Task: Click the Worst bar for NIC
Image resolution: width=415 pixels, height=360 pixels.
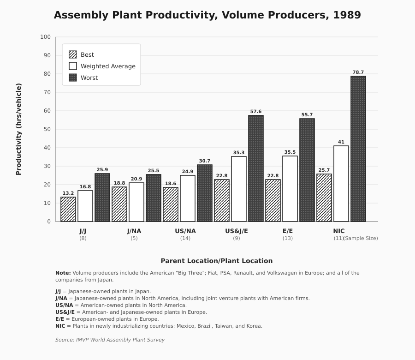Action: pyautogui.click(x=358, y=149)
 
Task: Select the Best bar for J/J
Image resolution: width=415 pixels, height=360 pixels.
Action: pyautogui.click(x=68, y=209)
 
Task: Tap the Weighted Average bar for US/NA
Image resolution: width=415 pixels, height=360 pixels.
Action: pyautogui.click(x=188, y=198)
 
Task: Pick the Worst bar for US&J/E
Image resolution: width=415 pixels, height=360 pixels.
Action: pyautogui.click(x=256, y=168)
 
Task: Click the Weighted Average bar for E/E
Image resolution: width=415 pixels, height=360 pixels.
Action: pyautogui.click(x=290, y=189)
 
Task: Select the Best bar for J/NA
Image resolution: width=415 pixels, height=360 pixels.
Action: pyautogui.click(x=119, y=204)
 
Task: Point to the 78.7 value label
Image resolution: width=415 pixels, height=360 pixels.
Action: pyautogui.click(x=358, y=72)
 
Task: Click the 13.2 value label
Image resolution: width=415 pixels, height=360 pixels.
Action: pyautogui.click(x=68, y=193)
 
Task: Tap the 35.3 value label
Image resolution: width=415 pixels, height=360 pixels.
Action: pyautogui.click(x=239, y=153)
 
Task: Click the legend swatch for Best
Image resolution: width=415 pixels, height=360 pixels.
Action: pyautogui.click(x=73, y=54)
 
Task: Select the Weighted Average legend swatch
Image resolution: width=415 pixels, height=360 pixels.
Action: pyautogui.click(x=73, y=66)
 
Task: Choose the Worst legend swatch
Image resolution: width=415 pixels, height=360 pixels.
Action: pyautogui.click(x=73, y=78)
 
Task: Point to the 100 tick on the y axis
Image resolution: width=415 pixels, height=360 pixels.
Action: pyautogui.click(x=45, y=37)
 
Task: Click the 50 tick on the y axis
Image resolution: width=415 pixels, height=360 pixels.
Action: pyautogui.click(x=47, y=129)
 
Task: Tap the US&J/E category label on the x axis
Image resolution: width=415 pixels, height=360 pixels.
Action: pyautogui.click(x=237, y=231)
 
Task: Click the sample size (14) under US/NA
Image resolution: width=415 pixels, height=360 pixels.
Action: pyautogui.click(x=185, y=238)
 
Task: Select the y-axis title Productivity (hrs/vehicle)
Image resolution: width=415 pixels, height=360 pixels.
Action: pyautogui.click(x=19, y=129)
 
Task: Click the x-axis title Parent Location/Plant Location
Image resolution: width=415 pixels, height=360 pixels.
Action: pyautogui.click(x=217, y=261)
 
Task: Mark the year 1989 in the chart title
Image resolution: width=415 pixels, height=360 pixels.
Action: pyautogui.click(x=347, y=15)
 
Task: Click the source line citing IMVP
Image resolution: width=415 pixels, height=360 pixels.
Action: pyautogui.click(x=110, y=340)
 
